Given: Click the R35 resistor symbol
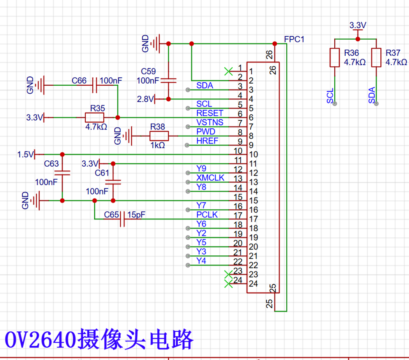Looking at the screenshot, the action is click(x=95, y=118).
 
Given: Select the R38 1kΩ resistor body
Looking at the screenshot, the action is click(x=159, y=136).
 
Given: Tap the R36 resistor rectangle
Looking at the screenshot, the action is click(x=335, y=58).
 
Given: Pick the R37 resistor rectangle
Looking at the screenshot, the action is click(x=376, y=58).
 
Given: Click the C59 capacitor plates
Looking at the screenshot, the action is click(x=168, y=81).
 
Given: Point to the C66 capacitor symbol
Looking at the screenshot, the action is click(x=95, y=85).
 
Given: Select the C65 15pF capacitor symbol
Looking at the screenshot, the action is click(x=122, y=219).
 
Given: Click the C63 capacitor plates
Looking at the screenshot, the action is click(x=62, y=173).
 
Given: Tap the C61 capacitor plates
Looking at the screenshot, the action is click(x=113, y=182).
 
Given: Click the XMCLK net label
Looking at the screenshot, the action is click(x=210, y=178).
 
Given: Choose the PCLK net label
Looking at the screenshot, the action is click(x=207, y=215).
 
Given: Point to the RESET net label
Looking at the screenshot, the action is click(x=210, y=113).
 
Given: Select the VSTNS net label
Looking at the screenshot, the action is click(x=210, y=122).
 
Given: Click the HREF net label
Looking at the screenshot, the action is click(x=207, y=141).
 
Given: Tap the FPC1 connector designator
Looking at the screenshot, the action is click(x=294, y=39).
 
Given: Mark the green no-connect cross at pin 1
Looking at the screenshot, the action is click(x=228, y=71).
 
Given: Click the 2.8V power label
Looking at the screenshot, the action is click(x=145, y=99).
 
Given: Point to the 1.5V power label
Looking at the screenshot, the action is click(x=26, y=154).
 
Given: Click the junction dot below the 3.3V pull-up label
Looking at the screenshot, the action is click(x=358, y=39).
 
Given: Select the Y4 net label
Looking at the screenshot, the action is click(x=201, y=261).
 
